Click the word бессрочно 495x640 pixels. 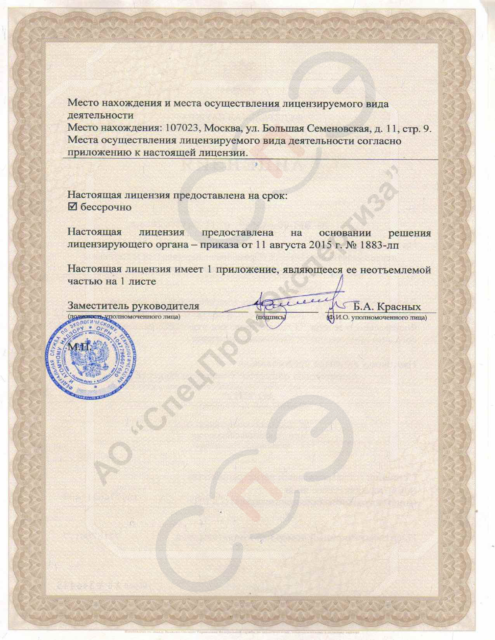click(x=106, y=207)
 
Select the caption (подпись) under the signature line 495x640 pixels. click(x=271, y=318)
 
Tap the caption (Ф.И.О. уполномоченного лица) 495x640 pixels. click(x=376, y=318)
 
